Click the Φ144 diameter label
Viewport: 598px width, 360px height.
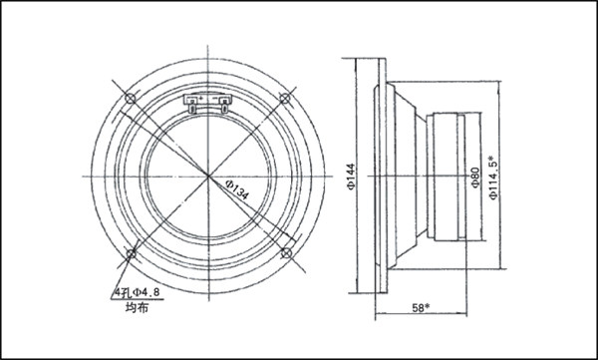pos(351,177)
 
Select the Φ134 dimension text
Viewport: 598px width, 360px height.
pos(237,189)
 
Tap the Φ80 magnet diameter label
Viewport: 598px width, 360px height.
pos(475,178)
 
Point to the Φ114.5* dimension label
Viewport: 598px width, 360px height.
pos(494,178)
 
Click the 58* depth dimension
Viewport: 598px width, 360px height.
pos(421,308)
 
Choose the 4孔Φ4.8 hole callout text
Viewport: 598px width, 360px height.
pos(138,293)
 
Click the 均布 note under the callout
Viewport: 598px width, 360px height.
pos(137,307)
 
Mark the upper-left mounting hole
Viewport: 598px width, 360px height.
pos(131,99)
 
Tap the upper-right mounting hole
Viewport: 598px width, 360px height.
pos(285,99)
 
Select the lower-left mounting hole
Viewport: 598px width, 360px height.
pos(132,253)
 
